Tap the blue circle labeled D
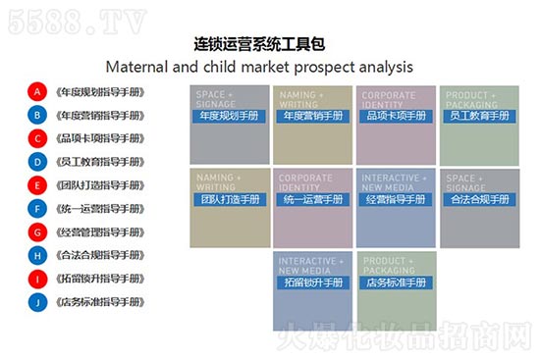(x=37, y=162)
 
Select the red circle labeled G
(x=37, y=231)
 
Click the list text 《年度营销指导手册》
(x=100, y=115)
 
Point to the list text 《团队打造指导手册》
(x=100, y=184)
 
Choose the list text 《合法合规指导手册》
(x=100, y=255)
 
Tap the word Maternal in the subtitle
(x=140, y=67)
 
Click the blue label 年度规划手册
(x=229, y=116)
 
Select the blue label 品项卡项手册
(x=396, y=116)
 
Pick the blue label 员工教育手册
(x=479, y=116)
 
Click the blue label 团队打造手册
(x=229, y=199)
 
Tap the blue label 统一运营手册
(x=312, y=199)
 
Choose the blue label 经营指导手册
(x=396, y=199)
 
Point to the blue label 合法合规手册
(x=479, y=199)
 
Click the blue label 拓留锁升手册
(x=312, y=283)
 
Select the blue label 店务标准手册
(x=396, y=283)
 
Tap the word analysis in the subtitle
(x=383, y=67)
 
